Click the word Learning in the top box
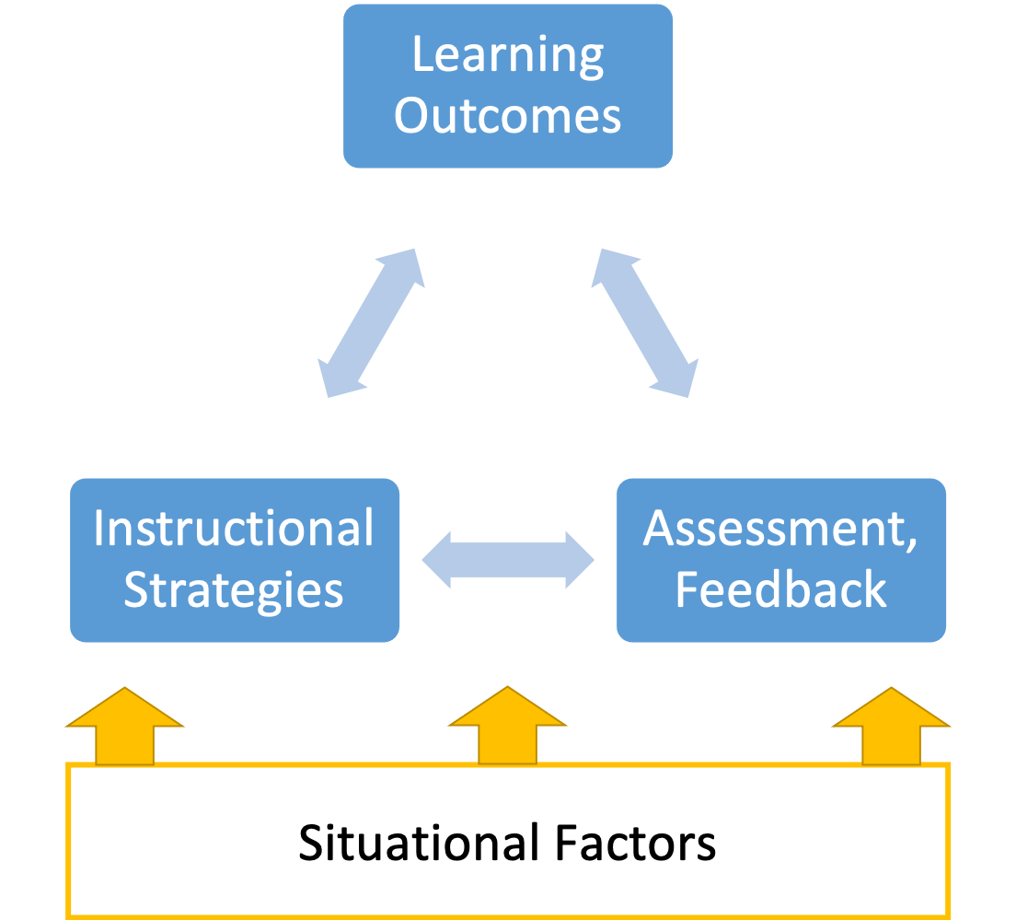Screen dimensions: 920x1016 coord(507,56)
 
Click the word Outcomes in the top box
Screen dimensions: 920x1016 coord(507,117)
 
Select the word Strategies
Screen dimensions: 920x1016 coord(234,589)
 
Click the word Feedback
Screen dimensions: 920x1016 coord(780,589)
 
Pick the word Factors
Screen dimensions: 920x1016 coord(635,843)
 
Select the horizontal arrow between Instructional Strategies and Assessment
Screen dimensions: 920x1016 coord(508,559)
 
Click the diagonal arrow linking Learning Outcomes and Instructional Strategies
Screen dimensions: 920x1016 coord(371,322)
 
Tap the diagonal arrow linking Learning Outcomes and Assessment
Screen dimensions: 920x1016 coord(644,322)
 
